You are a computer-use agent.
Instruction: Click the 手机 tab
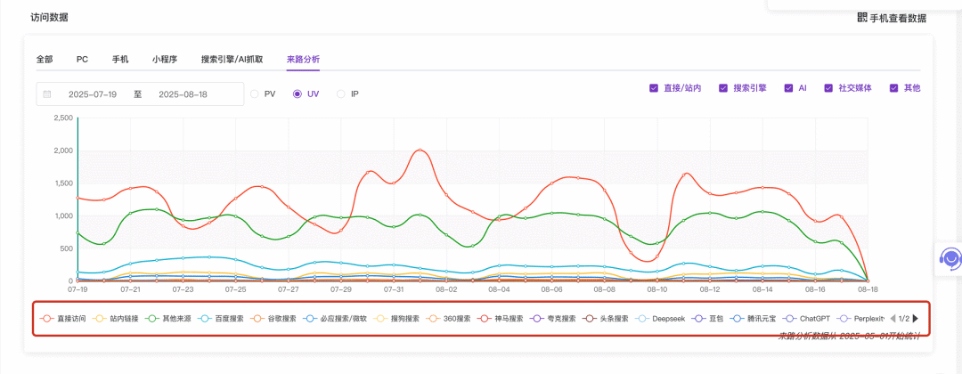tap(120, 60)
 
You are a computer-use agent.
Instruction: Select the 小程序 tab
tap(164, 60)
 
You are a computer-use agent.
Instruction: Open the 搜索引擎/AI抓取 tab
tap(232, 60)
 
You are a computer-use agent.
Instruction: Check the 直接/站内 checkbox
tap(655, 88)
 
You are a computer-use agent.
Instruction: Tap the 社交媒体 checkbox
tap(828, 88)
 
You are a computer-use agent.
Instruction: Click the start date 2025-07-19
tap(93, 94)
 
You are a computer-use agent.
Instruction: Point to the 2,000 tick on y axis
tap(62, 150)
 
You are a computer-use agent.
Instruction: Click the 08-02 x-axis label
tap(446, 289)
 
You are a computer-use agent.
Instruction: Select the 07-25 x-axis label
tap(235, 289)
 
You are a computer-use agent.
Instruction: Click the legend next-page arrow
tap(915, 318)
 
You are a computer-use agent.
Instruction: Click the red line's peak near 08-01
tap(420, 150)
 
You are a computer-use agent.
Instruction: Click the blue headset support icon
tap(950, 259)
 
